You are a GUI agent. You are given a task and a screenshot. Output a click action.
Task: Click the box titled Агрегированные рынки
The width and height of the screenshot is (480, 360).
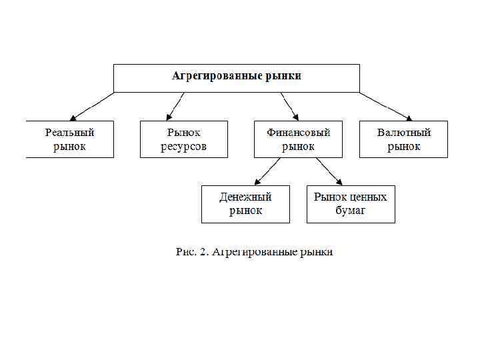point(237,77)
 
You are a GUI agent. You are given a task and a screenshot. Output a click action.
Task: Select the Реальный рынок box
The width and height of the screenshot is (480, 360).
point(70,139)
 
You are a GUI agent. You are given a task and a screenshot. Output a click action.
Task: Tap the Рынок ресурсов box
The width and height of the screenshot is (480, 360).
point(183,139)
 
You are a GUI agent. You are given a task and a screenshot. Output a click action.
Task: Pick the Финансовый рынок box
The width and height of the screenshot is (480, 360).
point(298,139)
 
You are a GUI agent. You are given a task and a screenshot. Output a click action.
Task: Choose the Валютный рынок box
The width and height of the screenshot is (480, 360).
point(403,139)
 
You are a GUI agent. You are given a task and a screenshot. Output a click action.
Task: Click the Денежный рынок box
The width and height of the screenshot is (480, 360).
point(245,204)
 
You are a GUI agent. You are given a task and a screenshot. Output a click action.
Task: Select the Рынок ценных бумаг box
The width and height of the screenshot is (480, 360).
point(351,204)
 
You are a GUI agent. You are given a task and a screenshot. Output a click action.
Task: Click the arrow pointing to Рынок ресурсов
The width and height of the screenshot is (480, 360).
point(175,106)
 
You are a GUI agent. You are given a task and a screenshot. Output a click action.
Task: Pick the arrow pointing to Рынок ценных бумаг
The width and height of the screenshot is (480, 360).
point(329,171)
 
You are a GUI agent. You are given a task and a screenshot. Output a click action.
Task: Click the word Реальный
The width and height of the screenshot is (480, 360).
point(70,133)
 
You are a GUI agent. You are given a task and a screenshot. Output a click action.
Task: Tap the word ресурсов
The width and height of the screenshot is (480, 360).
point(183,147)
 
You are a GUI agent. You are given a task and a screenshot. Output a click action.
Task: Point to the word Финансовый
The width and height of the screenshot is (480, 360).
point(298,133)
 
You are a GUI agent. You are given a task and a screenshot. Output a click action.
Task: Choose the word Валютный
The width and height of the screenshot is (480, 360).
point(404,133)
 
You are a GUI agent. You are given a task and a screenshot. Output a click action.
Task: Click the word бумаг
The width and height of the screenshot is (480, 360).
point(351,211)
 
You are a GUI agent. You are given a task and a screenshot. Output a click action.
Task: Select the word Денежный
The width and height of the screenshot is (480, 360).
point(245,197)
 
